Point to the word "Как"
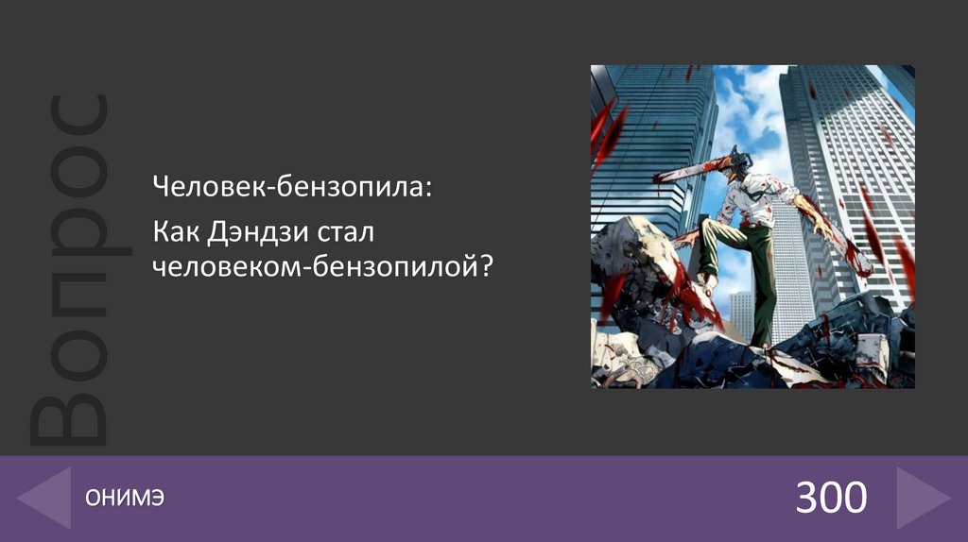[x=177, y=231]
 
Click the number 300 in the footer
[x=830, y=498]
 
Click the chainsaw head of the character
[x=740, y=162]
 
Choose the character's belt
[x=747, y=222]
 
